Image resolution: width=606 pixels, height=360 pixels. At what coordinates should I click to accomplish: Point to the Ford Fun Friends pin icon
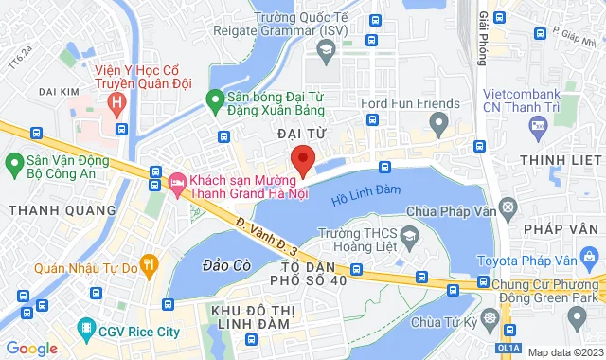tap(437, 121)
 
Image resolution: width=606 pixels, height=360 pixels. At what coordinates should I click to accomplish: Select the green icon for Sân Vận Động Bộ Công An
tap(14, 165)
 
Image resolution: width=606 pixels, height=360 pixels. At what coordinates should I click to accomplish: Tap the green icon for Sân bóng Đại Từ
tap(215, 97)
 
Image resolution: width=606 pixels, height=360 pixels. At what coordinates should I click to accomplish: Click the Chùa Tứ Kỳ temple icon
tap(490, 316)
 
